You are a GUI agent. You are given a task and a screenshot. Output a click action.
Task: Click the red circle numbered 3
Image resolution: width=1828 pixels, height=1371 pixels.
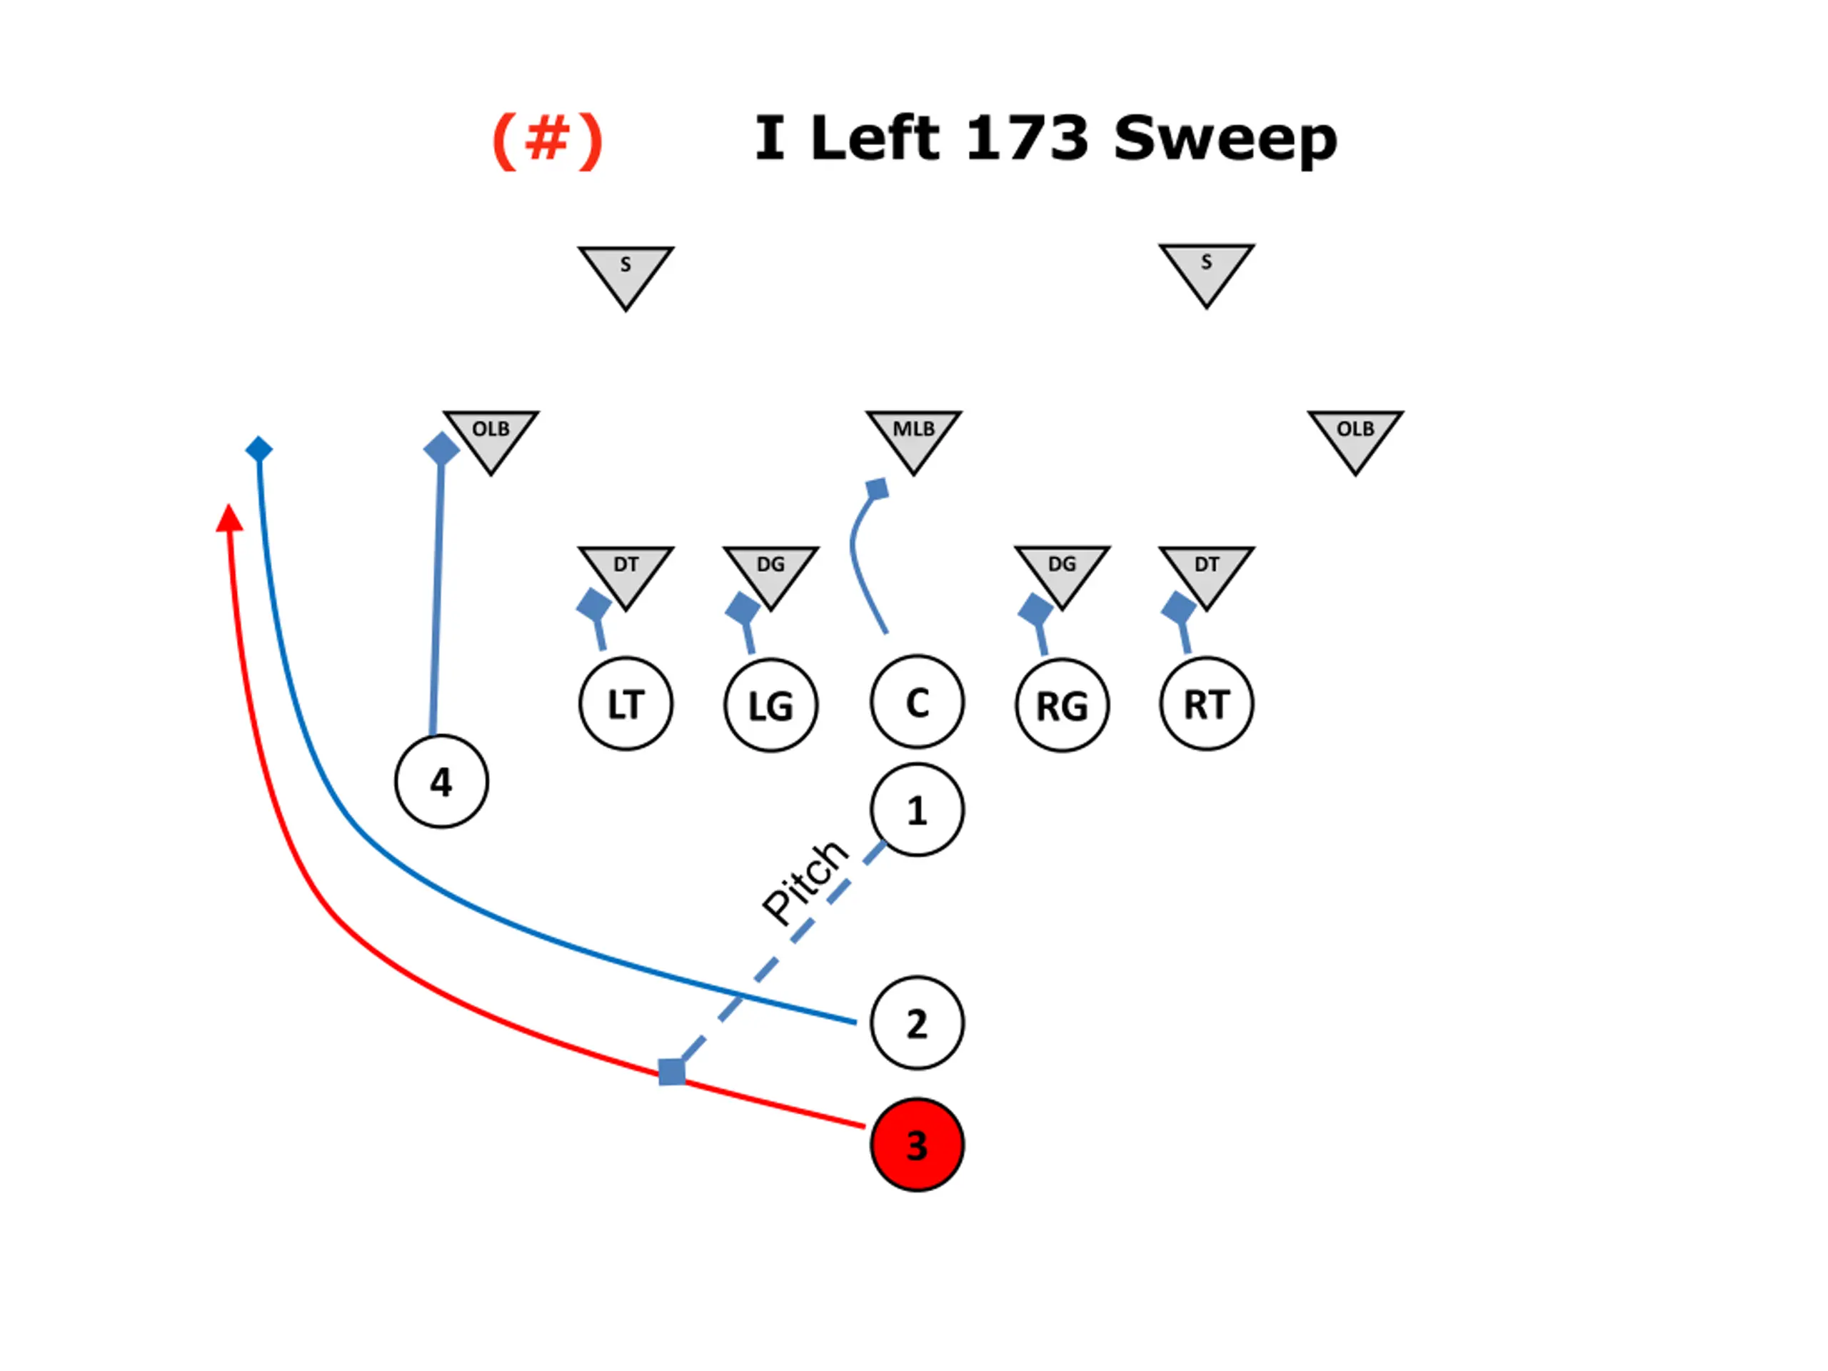916,1145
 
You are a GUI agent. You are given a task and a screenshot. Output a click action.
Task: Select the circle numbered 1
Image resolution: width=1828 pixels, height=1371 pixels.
916,810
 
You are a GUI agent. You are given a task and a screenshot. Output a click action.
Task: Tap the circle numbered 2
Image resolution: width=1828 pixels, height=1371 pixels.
916,1023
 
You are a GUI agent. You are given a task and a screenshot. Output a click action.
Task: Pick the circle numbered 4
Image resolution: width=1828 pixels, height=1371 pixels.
441,781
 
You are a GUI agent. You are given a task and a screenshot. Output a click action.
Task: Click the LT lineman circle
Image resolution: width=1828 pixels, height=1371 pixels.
626,704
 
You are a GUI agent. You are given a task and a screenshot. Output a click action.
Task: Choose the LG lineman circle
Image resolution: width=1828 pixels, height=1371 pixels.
771,705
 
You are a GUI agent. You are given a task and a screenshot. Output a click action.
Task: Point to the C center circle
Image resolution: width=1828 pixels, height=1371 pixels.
916,703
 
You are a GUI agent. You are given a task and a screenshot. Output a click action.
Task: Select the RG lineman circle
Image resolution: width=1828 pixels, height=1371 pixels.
1062,705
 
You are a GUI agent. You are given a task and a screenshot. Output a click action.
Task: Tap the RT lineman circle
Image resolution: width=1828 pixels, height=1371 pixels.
1207,704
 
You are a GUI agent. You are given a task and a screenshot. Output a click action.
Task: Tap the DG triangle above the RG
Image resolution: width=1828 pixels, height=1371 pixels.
1062,571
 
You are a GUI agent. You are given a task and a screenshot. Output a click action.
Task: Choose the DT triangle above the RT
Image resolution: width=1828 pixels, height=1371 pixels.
1207,571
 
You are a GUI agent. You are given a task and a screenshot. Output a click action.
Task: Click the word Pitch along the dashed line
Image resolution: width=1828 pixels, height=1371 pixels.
805,882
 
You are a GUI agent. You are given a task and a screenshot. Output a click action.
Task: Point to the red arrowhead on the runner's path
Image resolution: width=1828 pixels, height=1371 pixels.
229,519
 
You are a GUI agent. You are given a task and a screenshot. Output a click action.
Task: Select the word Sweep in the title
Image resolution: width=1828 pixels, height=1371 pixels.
1225,139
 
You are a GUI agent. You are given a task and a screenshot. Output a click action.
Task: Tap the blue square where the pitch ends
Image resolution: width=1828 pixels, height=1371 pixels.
672,1072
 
